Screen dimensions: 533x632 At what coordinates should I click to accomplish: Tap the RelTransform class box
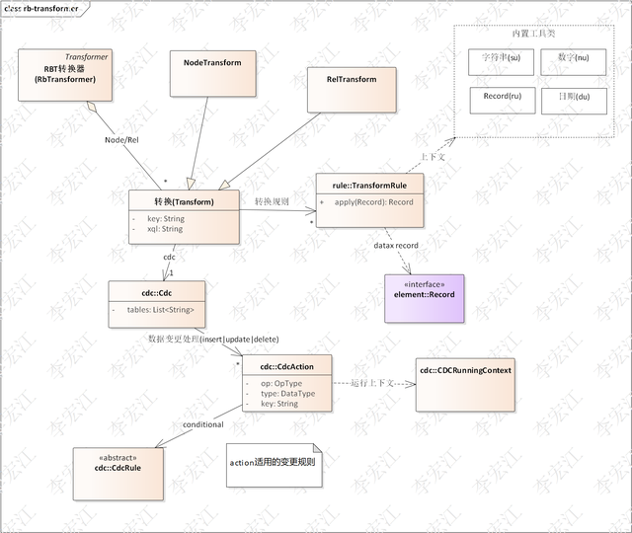[x=351, y=89]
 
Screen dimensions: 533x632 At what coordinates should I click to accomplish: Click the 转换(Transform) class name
[x=184, y=200]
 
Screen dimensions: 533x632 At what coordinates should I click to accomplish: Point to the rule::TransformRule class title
[x=369, y=184]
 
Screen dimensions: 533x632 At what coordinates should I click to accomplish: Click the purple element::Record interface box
[x=423, y=297]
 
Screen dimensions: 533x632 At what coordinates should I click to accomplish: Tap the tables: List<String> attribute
[x=167, y=310]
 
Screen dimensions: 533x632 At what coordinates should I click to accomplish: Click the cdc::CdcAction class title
[x=286, y=366]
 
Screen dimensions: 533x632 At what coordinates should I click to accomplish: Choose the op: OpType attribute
[x=280, y=382]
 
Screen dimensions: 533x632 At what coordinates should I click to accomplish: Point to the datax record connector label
[x=395, y=244]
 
